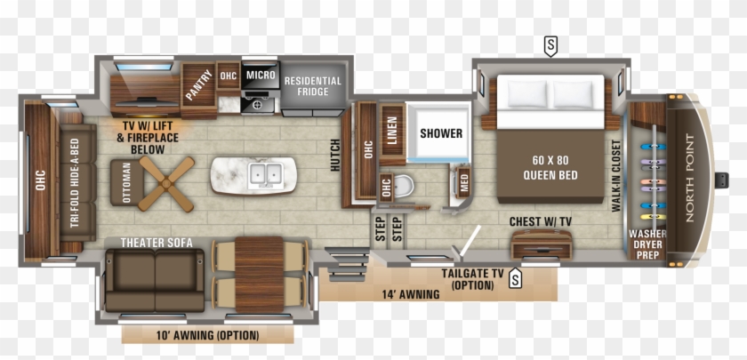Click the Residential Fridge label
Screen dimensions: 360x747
tap(312, 86)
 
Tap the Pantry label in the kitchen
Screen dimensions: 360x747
tap(199, 85)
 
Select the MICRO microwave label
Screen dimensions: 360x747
tap(261, 76)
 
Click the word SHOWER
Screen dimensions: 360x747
tap(441, 133)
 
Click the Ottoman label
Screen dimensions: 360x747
tap(125, 184)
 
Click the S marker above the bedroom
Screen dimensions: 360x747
tap(551, 44)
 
